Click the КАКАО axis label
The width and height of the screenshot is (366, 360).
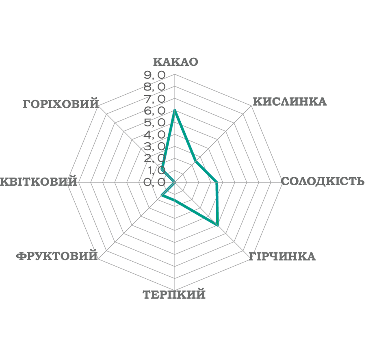(175, 62)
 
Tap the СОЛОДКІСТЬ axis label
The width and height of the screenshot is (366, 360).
(323, 181)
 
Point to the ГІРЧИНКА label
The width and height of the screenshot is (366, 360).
(282, 256)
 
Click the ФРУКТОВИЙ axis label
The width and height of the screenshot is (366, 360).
(57, 256)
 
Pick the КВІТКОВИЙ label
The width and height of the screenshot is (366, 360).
(39, 181)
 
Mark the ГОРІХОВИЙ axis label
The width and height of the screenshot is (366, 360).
(61, 104)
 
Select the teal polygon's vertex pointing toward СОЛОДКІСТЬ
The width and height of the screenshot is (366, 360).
(219, 182)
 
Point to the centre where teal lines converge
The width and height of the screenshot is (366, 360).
(174, 182)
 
